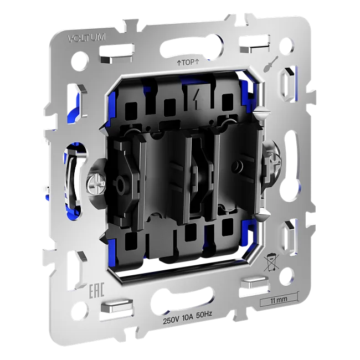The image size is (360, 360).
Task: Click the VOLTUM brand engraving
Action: tap(87, 38)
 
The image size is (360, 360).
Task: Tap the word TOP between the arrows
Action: tap(188, 63)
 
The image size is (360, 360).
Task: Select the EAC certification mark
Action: tap(96, 291)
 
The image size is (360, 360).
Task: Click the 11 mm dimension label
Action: tap(279, 300)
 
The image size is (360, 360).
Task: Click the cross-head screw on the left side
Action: tap(96, 184)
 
